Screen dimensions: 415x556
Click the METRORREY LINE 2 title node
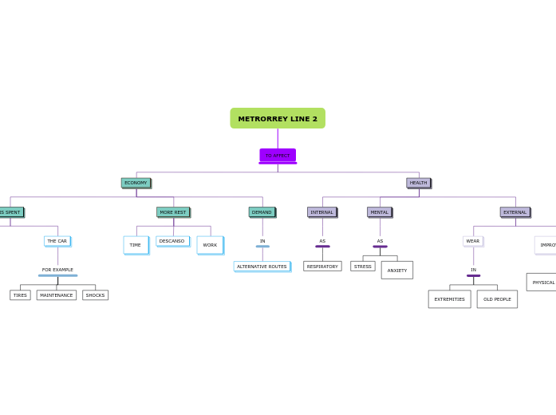278,118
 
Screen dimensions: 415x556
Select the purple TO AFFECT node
278,156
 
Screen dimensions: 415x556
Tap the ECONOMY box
136,183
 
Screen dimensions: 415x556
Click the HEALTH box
418,183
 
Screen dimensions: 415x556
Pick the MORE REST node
173,212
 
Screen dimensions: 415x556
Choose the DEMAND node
262,212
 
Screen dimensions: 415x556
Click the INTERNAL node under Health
322,212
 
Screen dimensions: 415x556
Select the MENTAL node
380,212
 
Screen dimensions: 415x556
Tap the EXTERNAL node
515,212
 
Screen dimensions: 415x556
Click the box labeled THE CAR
57,241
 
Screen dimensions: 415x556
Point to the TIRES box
20,295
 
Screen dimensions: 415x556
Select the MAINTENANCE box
57,295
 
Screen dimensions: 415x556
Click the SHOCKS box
95,295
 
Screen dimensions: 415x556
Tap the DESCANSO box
172,241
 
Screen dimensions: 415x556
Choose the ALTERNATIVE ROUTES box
262,267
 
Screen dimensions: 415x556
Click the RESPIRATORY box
322,267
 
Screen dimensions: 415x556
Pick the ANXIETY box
396,271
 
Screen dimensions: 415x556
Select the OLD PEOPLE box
497,299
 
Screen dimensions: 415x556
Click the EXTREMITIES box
449,299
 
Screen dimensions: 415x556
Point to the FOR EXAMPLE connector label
57,270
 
